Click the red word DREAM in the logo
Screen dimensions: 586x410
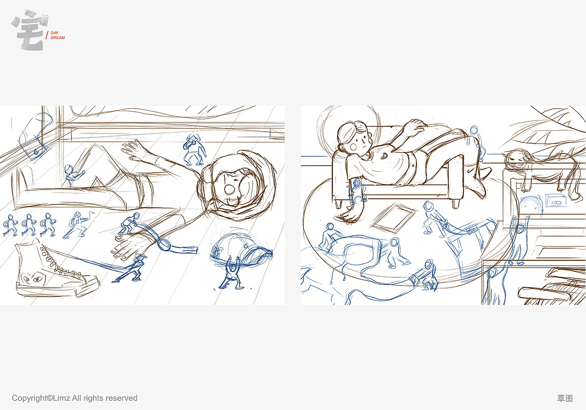coord(57,38)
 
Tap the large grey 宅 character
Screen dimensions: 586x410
coord(30,30)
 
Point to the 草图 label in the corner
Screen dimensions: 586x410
coord(564,398)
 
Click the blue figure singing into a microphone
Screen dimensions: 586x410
coord(194,150)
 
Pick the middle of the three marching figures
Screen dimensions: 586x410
coord(29,225)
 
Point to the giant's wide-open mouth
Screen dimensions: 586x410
coord(229,190)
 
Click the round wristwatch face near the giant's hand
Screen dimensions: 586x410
coord(164,244)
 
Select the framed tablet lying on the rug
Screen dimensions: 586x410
coord(393,217)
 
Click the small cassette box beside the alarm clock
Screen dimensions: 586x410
coord(557,200)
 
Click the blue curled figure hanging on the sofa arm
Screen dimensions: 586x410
coord(357,191)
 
